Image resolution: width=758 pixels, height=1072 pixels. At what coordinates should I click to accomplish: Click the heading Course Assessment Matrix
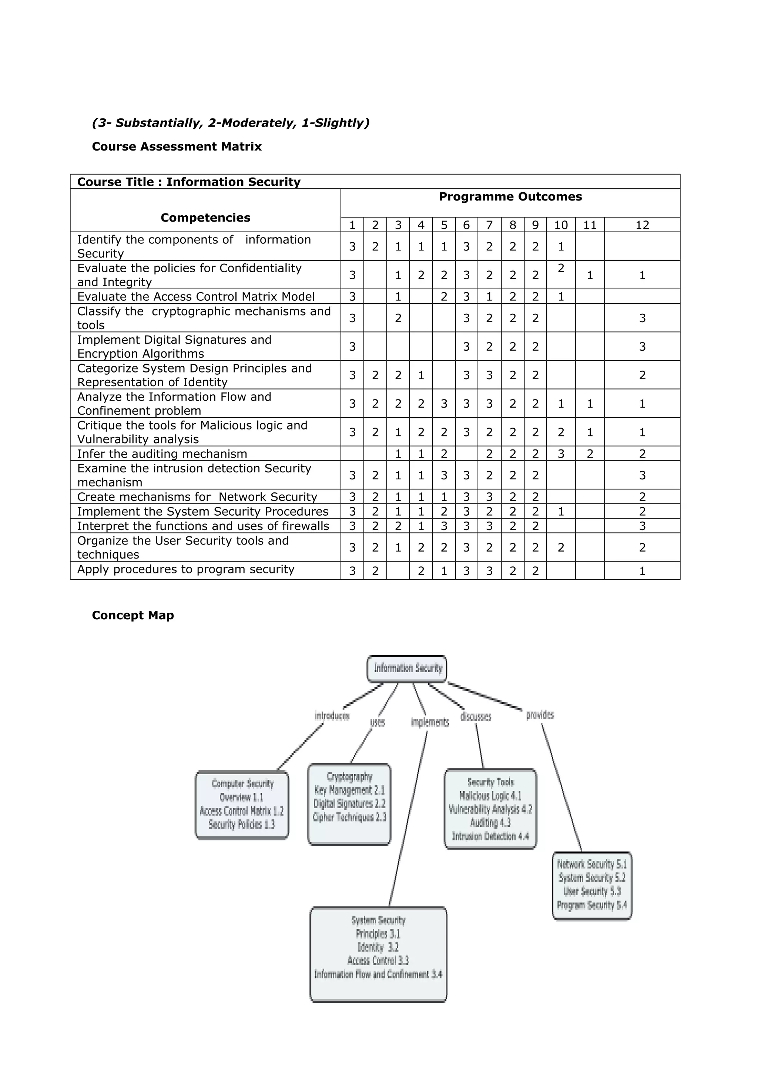pos(177,146)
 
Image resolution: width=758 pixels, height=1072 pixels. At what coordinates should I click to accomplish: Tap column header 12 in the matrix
pos(642,225)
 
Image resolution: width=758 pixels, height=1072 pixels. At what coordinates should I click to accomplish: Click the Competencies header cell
pos(205,218)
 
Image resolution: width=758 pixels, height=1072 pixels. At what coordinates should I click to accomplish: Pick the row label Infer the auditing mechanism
pos(162,454)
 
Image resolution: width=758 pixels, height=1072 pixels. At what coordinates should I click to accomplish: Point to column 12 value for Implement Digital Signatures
pos(642,347)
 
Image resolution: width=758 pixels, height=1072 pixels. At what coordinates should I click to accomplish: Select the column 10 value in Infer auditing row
pos(560,454)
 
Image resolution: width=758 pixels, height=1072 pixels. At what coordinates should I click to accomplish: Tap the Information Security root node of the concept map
pos(407,668)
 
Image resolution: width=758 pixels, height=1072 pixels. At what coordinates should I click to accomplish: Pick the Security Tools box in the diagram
pos(490,809)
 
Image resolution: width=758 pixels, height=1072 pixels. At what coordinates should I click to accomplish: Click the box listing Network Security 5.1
pos(592,885)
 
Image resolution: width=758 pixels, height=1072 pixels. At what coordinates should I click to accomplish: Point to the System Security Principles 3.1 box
pos(378,953)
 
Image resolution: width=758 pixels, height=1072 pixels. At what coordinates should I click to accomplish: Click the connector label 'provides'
pos(540,715)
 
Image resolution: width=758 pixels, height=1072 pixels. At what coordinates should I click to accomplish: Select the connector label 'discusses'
pos(476,717)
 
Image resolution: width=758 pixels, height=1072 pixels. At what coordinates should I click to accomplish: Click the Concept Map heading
pos(133,616)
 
